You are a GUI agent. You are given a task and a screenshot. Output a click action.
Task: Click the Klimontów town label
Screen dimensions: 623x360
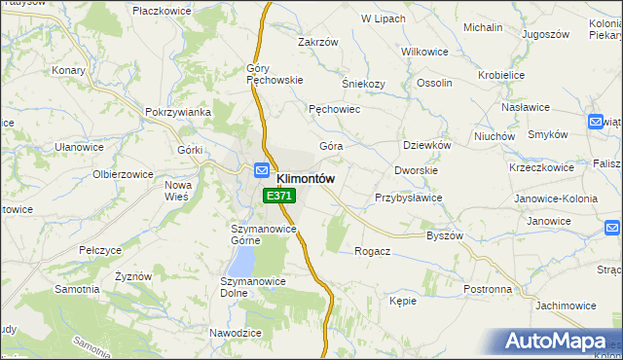pyautogui.click(x=306, y=179)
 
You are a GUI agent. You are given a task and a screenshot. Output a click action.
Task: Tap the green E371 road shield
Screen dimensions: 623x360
pyautogui.click(x=278, y=196)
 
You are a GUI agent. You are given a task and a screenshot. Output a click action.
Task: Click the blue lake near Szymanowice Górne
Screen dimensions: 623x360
pyautogui.click(x=241, y=259)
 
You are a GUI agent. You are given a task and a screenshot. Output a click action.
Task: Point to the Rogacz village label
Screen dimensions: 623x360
pyautogui.click(x=373, y=251)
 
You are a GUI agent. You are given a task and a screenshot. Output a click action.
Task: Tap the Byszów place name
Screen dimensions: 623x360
pyautogui.click(x=445, y=236)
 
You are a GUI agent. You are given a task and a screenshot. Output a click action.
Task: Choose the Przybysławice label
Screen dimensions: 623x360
pyautogui.click(x=409, y=198)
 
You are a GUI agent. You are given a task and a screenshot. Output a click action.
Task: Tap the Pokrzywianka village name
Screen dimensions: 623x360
pyautogui.click(x=178, y=112)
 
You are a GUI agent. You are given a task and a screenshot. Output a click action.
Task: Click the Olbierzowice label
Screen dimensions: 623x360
pyautogui.click(x=123, y=174)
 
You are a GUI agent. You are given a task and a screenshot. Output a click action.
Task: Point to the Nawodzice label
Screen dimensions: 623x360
pyautogui.click(x=236, y=333)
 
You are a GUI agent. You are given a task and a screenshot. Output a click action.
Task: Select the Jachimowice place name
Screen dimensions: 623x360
pyautogui.click(x=566, y=306)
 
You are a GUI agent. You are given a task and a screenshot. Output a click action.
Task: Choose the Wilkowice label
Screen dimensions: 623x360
pyautogui.click(x=423, y=48)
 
